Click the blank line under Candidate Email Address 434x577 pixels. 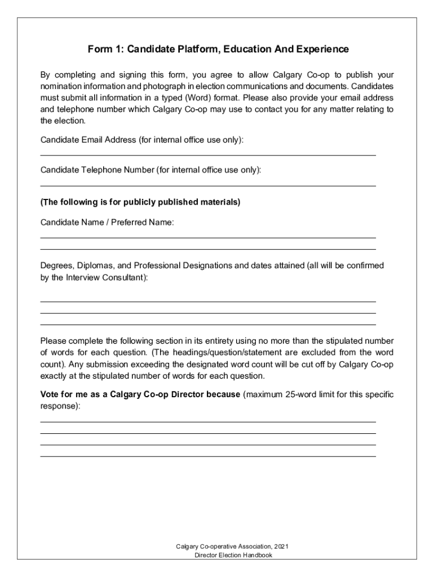208,154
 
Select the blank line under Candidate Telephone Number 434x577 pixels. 208,185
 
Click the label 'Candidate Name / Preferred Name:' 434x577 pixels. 107,223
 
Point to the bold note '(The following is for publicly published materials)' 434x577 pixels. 140,202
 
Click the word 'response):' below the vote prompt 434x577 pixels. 60,406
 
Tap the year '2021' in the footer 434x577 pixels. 284,547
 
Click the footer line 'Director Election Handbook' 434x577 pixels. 233,555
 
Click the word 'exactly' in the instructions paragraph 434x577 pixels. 55,376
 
